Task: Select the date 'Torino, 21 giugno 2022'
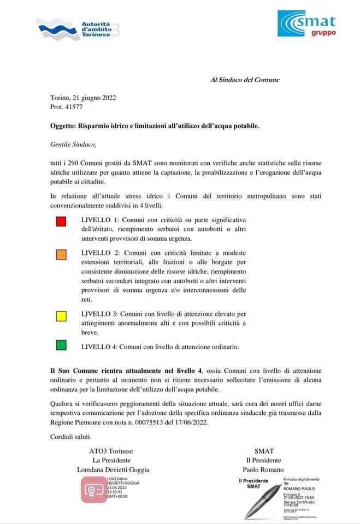pos(82,98)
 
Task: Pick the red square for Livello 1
pos(61,221)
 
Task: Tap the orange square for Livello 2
pos(61,254)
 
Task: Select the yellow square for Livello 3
pos(61,315)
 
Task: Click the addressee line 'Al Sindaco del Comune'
pos(245,80)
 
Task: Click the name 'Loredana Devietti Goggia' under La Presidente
pos(114,469)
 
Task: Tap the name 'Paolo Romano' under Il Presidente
pos(264,469)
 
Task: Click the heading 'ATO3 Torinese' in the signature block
pos(111,451)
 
